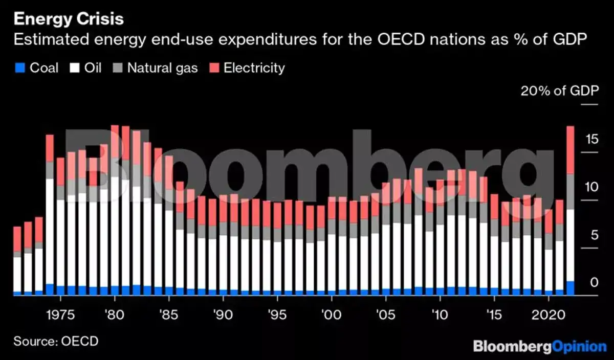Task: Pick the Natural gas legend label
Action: click(162, 67)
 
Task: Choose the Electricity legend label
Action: click(254, 67)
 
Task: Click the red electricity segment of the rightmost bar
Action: click(570, 149)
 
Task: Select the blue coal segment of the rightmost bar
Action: click(570, 288)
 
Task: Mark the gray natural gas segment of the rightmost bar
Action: click(570, 192)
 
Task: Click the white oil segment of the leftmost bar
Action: click(17, 274)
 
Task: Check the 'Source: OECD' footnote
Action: click(56, 341)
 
